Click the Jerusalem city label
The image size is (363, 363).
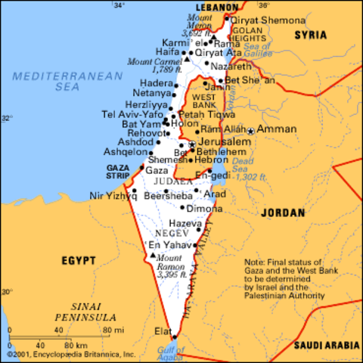click(224, 142)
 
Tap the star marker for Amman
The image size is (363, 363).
click(251, 131)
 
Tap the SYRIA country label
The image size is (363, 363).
click(311, 36)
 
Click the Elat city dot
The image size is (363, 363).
click(174, 337)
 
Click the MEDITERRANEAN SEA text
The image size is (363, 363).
click(67, 82)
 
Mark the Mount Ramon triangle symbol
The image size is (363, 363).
click(154, 256)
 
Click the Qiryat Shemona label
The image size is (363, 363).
click(257, 20)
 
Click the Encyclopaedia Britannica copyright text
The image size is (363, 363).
click(72, 354)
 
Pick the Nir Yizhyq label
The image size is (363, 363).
click(113, 195)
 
